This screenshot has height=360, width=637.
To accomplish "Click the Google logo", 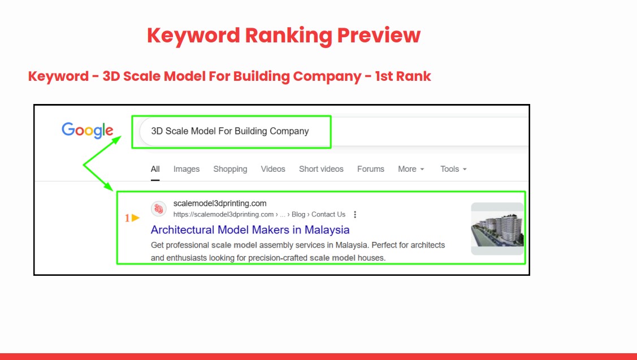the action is [88, 130].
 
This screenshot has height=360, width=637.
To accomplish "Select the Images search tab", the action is [187, 169].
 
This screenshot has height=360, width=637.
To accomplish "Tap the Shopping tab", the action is [230, 169].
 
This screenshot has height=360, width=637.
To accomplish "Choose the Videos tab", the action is [273, 169].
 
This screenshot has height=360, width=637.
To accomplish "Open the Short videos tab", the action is [321, 169].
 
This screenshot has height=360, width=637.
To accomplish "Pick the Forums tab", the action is [371, 169].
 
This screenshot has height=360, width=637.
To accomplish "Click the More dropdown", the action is [411, 169].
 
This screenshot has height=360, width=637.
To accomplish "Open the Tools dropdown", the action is [453, 169].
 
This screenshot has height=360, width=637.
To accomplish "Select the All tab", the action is [155, 169].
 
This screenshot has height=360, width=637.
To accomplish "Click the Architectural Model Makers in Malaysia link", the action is [250, 229].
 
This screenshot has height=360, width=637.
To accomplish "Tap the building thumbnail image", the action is [497, 229].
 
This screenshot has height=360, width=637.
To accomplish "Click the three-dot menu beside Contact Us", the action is [355, 215].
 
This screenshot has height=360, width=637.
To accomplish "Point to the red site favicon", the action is [158, 209].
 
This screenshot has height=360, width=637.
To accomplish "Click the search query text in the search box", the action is [230, 131].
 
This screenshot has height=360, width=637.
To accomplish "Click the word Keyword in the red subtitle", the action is [58, 76].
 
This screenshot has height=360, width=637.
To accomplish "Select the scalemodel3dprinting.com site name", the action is [220, 203].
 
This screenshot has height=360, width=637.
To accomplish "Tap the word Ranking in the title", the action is [288, 36].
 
